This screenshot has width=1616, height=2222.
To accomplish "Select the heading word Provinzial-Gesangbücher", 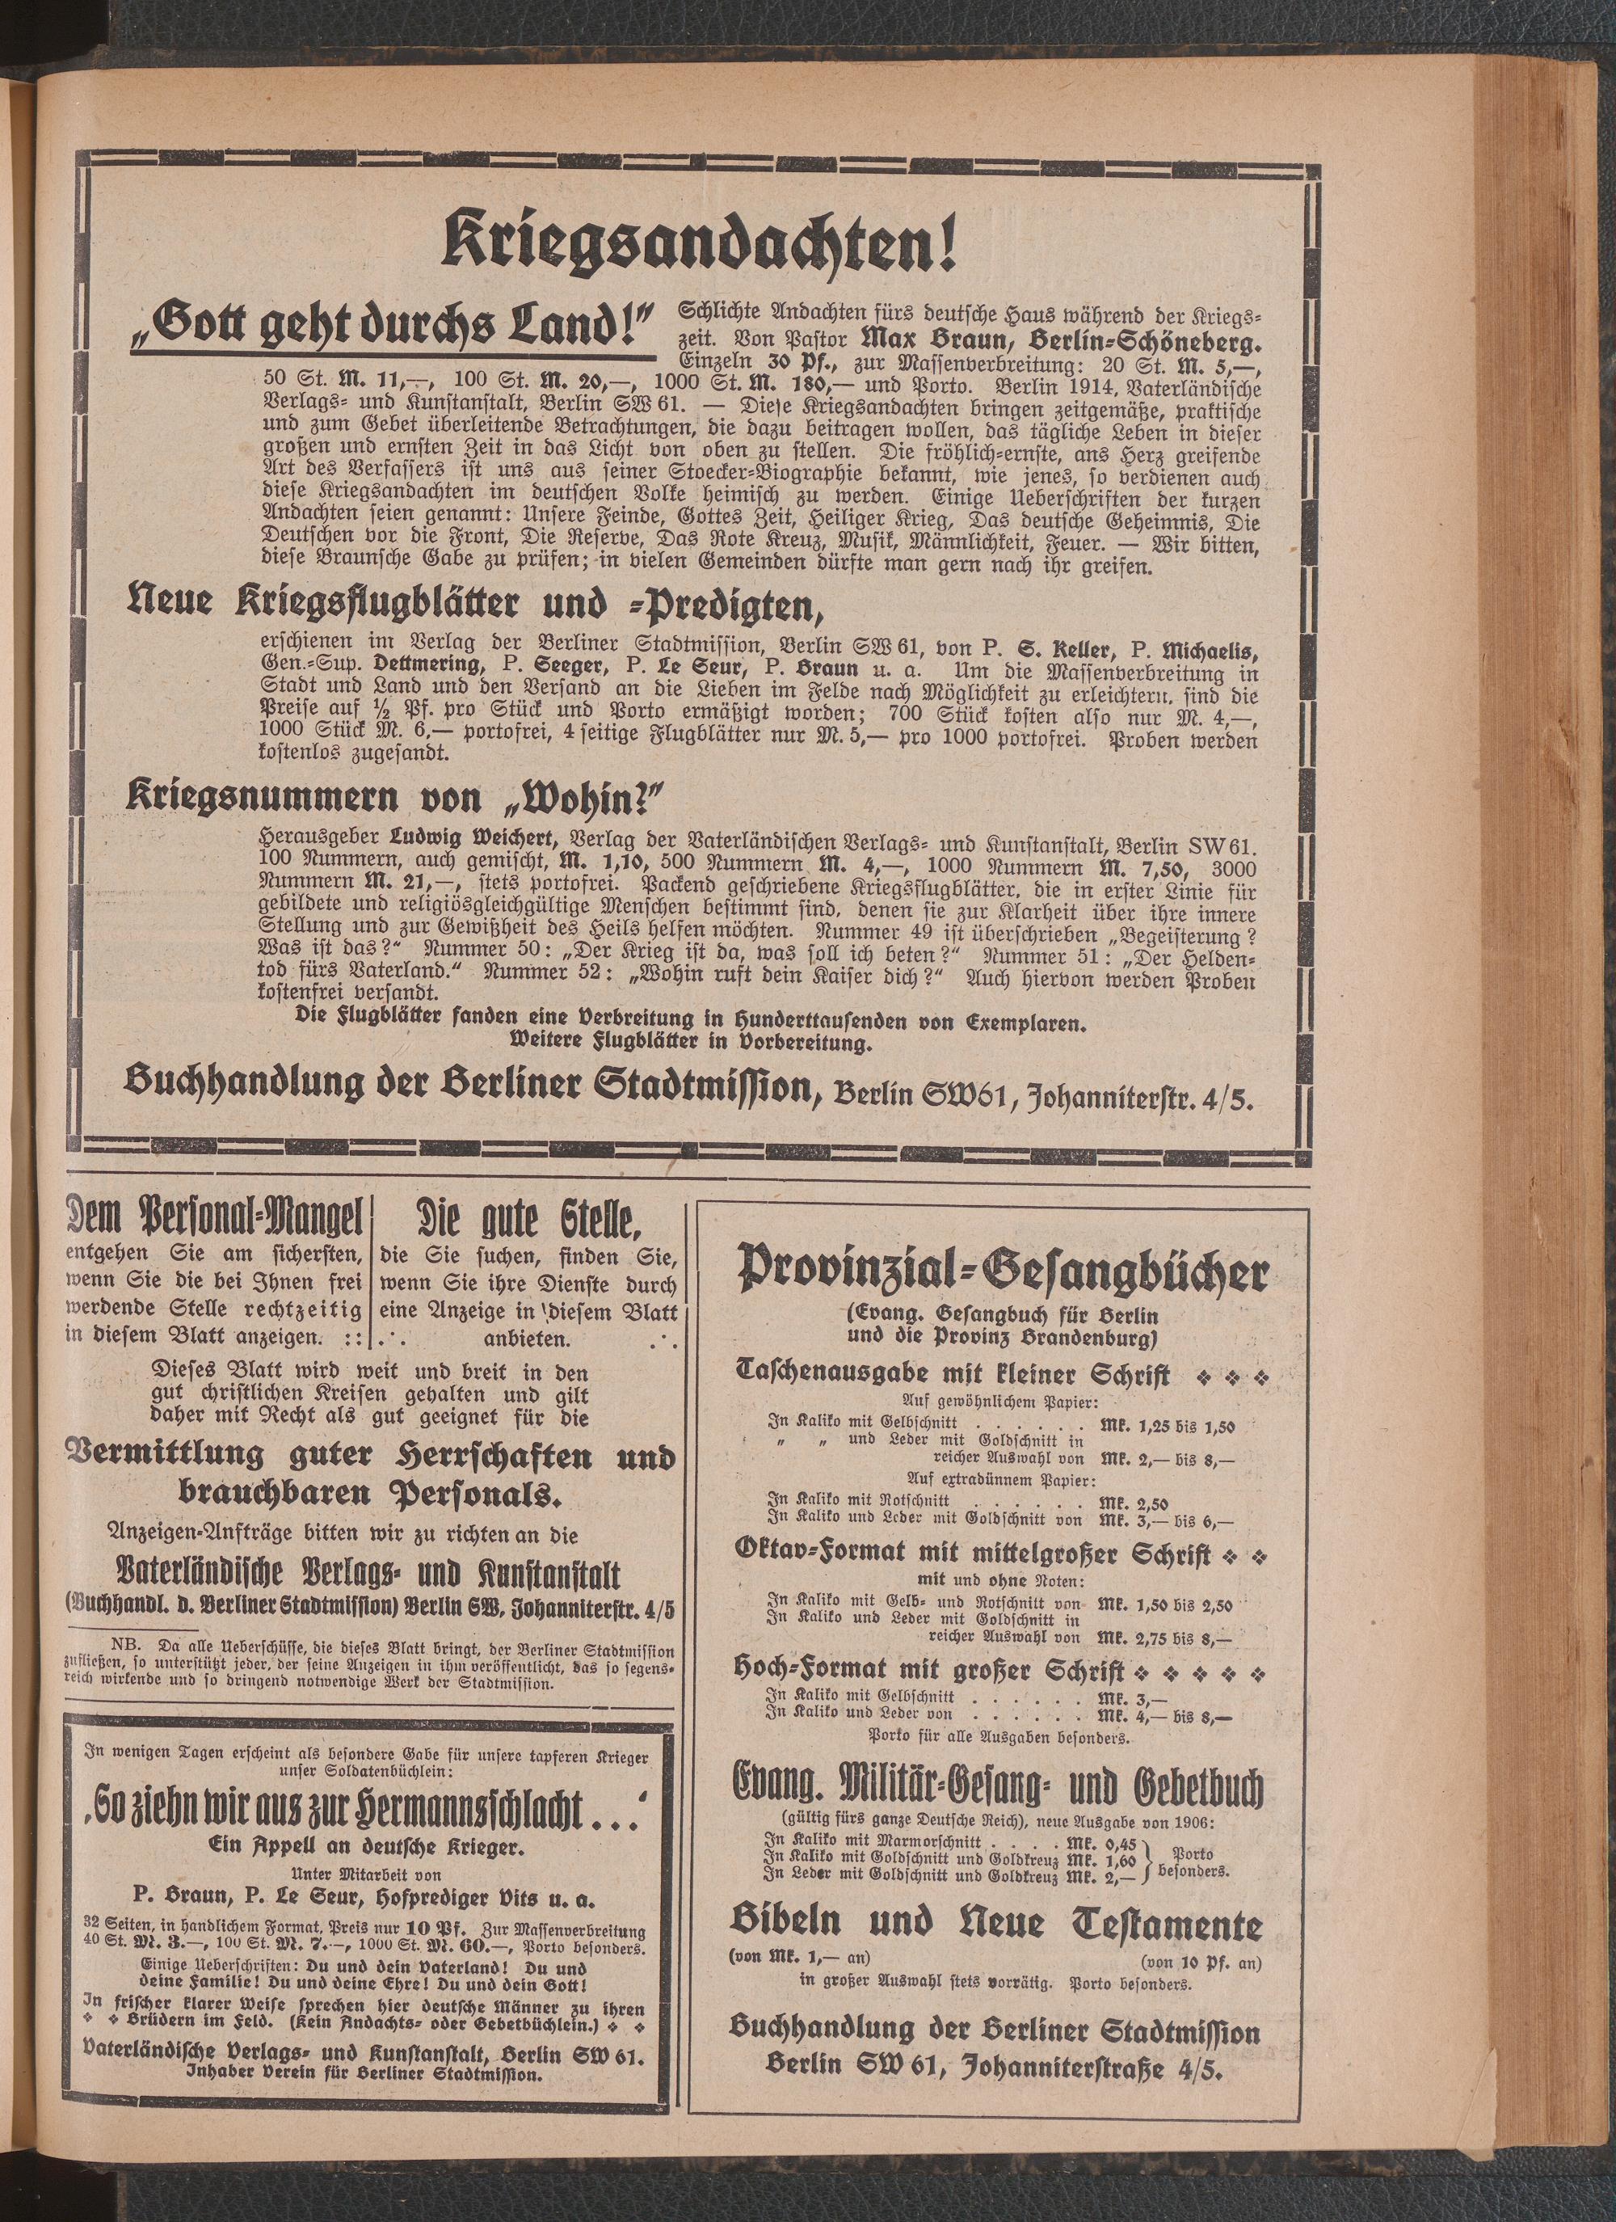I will [1004, 1272].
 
